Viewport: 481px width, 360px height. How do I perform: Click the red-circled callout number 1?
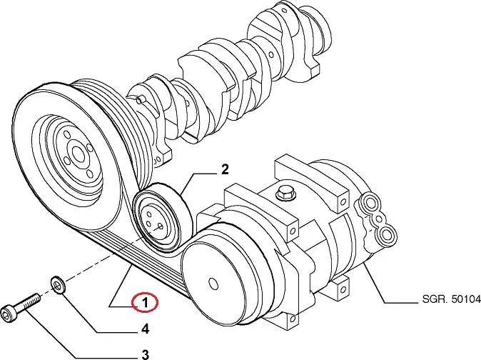click(145, 304)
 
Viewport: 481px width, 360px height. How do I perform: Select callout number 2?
click(224, 169)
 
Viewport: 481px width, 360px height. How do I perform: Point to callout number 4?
click(145, 329)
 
